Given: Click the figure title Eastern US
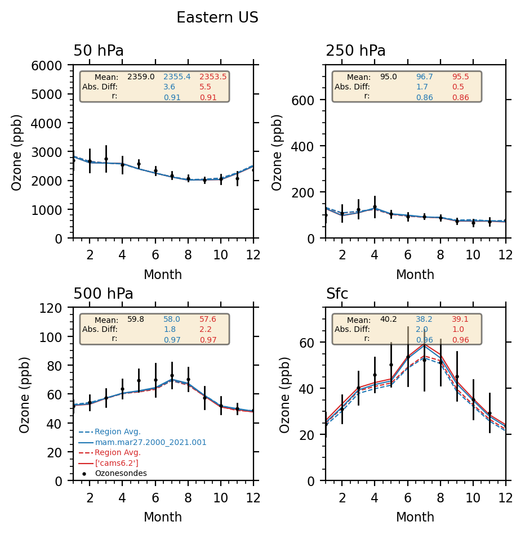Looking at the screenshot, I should click(x=217, y=18).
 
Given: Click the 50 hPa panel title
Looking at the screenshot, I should click(x=99, y=51).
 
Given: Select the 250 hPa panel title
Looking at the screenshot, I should click(x=355, y=51).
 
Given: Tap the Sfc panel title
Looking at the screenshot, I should click(x=337, y=294).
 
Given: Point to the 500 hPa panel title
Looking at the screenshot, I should click(x=103, y=294).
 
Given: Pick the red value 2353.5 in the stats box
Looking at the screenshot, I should click(x=213, y=77).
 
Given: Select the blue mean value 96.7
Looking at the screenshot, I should click(x=425, y=77).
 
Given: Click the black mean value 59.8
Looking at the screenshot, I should click(x=136, y=320).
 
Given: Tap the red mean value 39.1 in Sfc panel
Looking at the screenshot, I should click(x=460, y=320).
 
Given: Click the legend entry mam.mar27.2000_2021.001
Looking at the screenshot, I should click(x=150, y=443).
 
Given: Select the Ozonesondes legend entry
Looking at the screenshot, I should click(x=121, y=474).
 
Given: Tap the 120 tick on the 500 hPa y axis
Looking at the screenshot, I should click(x=59, y=308).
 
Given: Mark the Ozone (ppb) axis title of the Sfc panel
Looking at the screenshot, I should click(x=285, y=394).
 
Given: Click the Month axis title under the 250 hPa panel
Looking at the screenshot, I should click(x=415, y=275).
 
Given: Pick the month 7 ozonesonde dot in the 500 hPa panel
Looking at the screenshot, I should click(x=172, y=376).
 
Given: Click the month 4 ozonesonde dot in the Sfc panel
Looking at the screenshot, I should click(x=375, y=375).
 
